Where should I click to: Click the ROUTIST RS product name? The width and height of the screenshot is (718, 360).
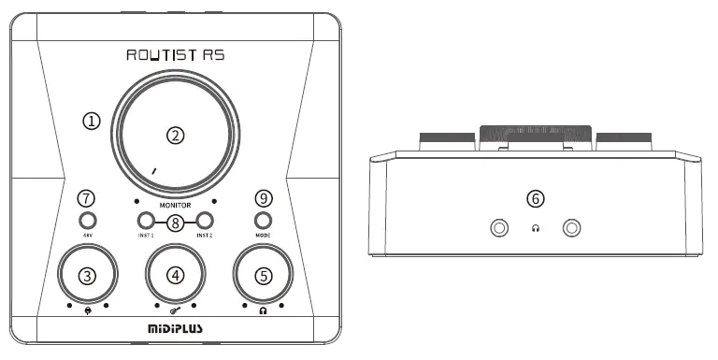coord(175,56)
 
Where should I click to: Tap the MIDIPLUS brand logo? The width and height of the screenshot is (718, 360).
coord(175,329)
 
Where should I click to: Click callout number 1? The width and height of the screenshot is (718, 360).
coord(91,121)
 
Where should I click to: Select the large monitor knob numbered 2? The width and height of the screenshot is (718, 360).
coord(175,136)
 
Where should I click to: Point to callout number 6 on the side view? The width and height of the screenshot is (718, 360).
coord(534,198)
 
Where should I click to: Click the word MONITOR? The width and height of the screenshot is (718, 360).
coord(175,204)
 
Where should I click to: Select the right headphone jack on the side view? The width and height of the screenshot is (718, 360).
coord(570,228)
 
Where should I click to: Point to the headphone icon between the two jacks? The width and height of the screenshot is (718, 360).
coord(535,229)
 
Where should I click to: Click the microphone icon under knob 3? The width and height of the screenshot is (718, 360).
coord(87,307)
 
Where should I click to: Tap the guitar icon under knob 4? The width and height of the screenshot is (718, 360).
coord(175,307)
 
